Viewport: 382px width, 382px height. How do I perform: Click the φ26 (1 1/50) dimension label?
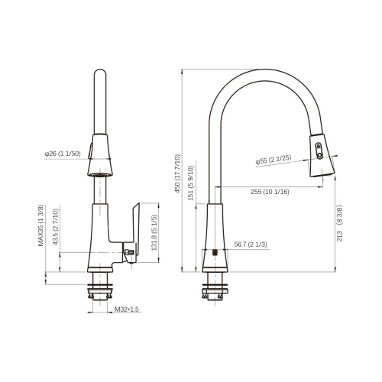pos(62,154)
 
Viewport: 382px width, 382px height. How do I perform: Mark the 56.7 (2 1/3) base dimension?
pos(250,244)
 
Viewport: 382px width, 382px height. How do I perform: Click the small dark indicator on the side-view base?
pos(215,251)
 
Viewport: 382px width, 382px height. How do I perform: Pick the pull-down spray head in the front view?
pos(99,157)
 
